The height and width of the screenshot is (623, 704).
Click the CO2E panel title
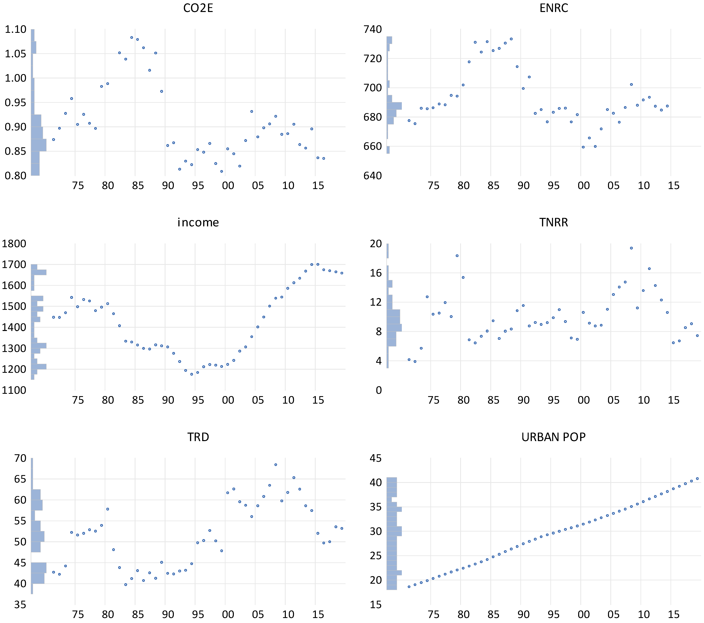(198, 8)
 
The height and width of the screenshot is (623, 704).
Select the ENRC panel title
(553, 8)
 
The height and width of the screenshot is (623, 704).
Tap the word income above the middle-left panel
(198, 223)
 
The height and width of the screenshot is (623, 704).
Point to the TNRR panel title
(553, 223)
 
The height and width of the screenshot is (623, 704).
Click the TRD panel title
(198, 437)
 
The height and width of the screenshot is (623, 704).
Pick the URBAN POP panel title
(553, 437)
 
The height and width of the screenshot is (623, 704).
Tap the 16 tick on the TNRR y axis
(376, 273)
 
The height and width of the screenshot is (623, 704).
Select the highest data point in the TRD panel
(275, 465)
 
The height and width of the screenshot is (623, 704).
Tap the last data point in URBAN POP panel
(697, 478)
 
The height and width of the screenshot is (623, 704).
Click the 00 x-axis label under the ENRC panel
(583, 186)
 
